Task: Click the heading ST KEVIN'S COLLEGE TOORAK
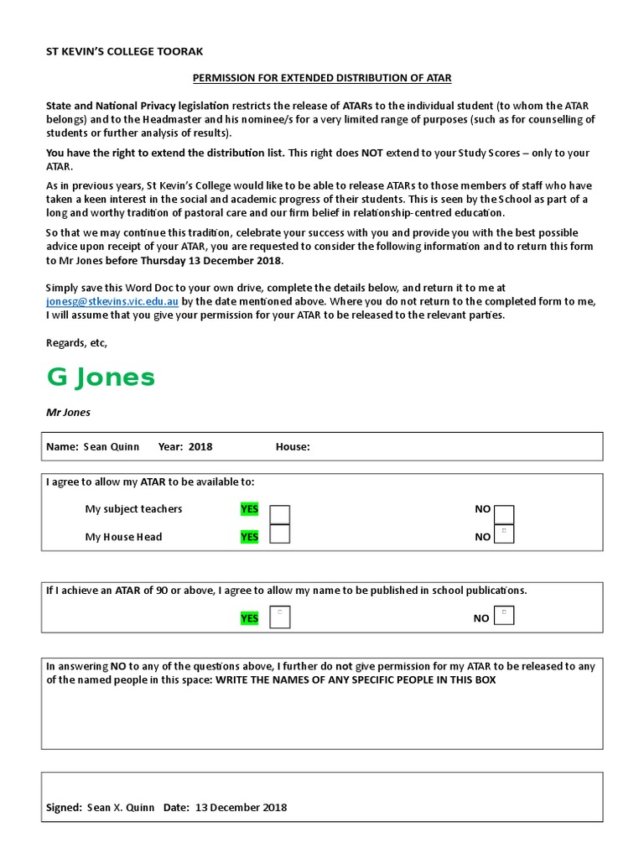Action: point(124,51)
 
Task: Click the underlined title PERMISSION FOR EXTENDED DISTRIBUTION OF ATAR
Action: point(322,78)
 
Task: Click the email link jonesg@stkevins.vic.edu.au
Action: point(112,301)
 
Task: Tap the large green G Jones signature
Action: point(101,377)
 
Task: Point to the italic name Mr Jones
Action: point(68,413)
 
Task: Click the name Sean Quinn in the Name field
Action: point(112,446)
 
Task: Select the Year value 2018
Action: point(200,446)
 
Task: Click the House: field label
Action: point(293,446)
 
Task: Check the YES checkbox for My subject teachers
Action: point(280,514)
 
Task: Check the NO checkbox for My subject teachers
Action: point(505,514)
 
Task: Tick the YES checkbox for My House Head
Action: point(280,534)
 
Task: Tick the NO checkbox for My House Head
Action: point(505,534)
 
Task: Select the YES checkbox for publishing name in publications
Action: point(280,617)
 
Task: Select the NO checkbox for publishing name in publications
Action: point(505,617)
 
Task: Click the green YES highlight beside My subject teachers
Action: point(250,509)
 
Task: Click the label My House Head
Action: point(123,537)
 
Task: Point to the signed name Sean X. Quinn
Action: point(121,808)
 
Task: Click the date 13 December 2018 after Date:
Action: point(241,808)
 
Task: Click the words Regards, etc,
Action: point(76,342)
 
